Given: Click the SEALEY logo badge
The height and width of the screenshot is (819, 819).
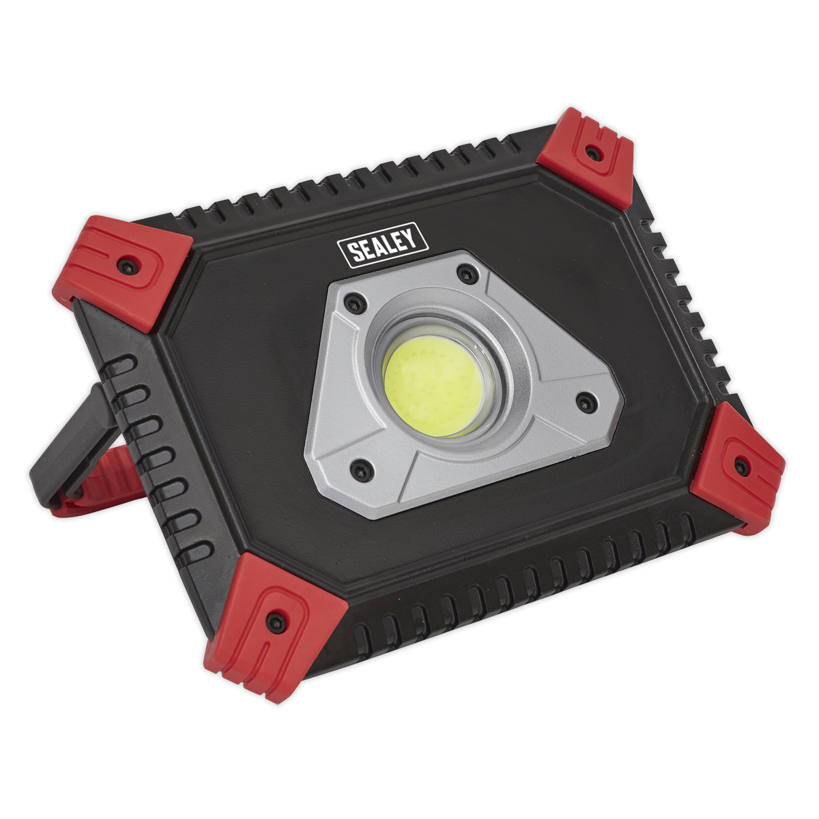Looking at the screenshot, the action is [382, 246].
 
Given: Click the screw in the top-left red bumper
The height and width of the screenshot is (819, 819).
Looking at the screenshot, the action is [128, 266].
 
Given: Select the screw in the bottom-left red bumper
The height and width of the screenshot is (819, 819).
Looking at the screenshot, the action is [276, 621].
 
